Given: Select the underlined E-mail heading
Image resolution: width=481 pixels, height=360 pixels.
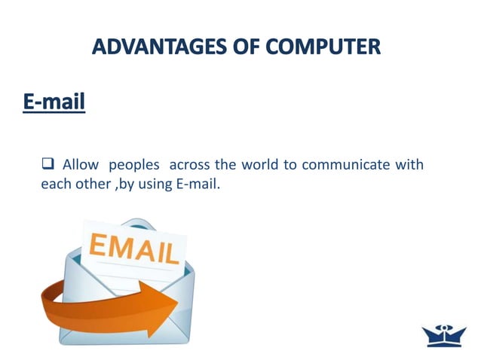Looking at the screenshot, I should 53,101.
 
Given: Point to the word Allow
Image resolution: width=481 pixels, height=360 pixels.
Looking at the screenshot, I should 78,164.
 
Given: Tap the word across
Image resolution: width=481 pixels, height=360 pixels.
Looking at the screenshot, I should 190,164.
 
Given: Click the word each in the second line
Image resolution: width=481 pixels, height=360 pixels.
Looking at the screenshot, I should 54,184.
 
